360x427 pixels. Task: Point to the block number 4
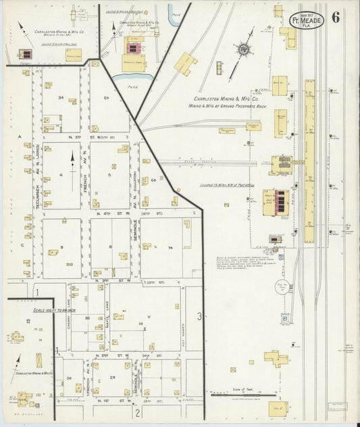pyautogui.click(x=61, y=174)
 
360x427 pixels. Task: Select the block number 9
pyautogui.click(x=61, y=247)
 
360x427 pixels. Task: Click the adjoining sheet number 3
pyautogui.click(x=199, y=316)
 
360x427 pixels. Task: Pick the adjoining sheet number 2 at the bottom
pyautogui.click(x=136, y=413)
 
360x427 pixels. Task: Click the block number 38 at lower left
pyautogui.click(x=70, y=378)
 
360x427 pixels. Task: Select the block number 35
pyautogui.click(x=60, y=99)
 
